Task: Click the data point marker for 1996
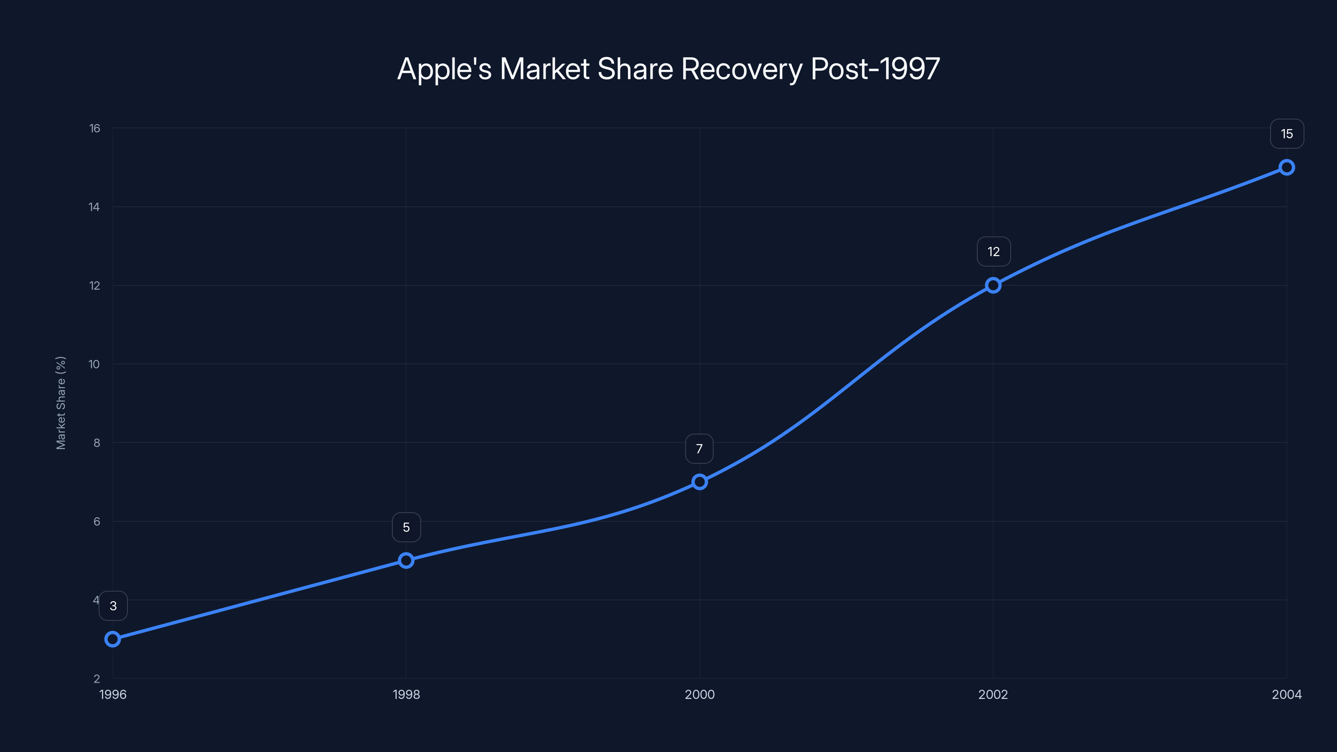113,639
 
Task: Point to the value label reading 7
699,449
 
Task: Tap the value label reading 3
113,606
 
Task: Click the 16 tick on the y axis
94,128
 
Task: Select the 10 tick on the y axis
94,364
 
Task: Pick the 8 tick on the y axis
97,443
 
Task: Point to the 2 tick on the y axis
97,678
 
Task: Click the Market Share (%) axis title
61,403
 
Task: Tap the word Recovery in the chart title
741,69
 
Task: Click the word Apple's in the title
444,69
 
